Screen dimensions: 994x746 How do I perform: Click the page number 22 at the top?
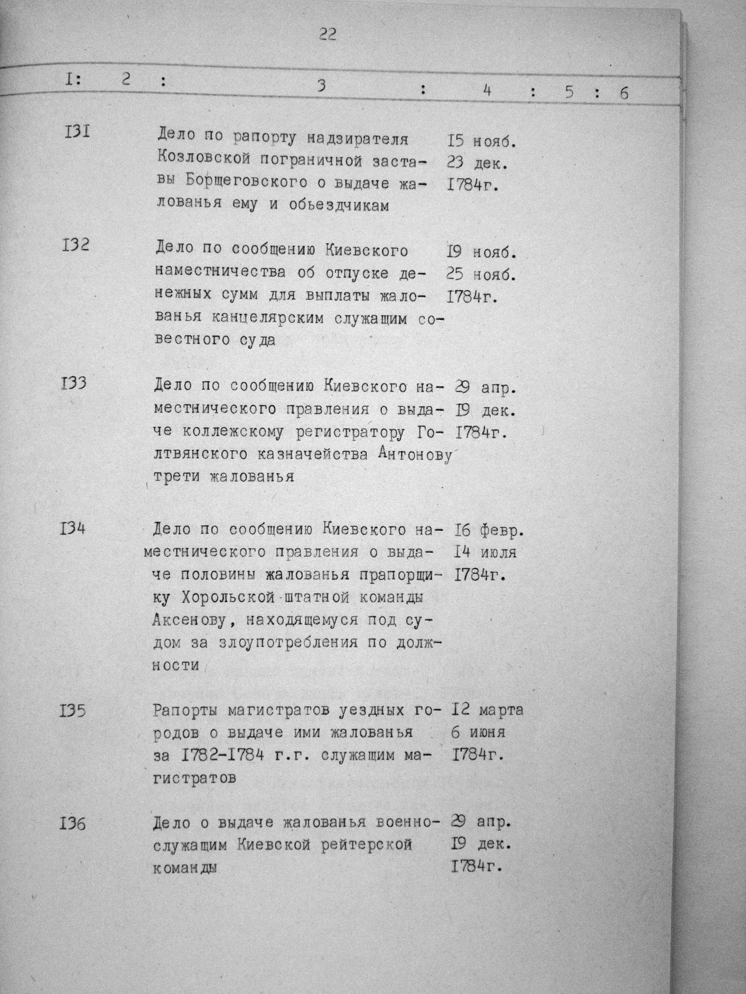pos(327,35)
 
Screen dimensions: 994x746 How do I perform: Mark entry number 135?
pos(73,711)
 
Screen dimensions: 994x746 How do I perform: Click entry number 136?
pos(73,824)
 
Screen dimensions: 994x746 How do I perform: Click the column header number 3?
pos(320,86)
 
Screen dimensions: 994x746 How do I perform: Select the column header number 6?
pos(623,93)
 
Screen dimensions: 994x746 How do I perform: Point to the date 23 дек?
pos(477,164)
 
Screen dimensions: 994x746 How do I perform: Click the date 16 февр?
pos(489,531)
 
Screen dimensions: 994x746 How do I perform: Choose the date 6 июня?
pos(478,732)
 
